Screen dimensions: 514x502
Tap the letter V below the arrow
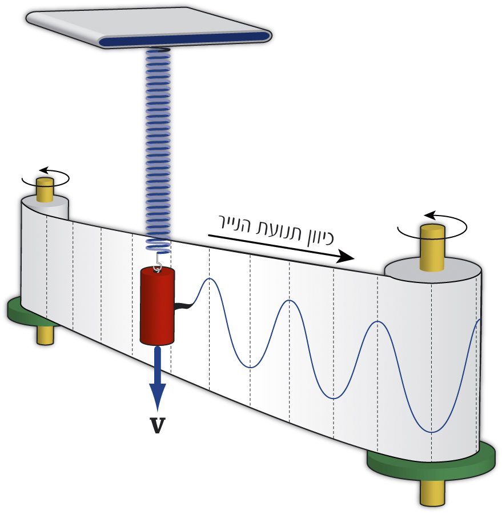(157, 425)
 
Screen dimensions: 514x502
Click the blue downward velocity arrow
(157, 380)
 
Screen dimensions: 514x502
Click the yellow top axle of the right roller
(432, 247)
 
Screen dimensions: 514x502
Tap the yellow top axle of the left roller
(45, 189)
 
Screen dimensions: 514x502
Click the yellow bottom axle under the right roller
(432, 492)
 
